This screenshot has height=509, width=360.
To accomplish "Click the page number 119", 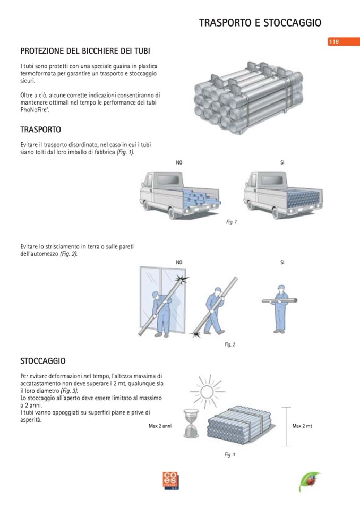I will (x=334, y=42).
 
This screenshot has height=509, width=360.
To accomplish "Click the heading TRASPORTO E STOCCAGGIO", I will (x=260, y=23).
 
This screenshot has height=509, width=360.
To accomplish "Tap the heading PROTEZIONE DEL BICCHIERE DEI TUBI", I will (x=85, y=51).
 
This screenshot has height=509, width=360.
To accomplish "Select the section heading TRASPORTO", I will (x=40, y=130).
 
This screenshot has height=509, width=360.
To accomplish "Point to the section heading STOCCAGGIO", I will (x=43, y=361).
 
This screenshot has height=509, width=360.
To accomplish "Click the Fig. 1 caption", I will (x=231, y=222).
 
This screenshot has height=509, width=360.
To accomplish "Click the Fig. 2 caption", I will (x=229, y=344).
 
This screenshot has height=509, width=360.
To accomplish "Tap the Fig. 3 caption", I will (x=229, y=454).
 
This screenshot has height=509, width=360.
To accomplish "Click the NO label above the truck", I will (x=179, y=162).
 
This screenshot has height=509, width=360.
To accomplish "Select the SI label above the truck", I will (x=282, y=162).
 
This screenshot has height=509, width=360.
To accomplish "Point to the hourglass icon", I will (x=190, y=422).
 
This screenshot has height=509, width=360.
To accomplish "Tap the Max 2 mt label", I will (x=302, y=426).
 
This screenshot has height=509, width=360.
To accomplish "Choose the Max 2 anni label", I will (x=160, y=426).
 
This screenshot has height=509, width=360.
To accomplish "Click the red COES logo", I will (x=172, y=480).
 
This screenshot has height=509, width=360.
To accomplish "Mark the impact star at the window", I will (x=183, y=279).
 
